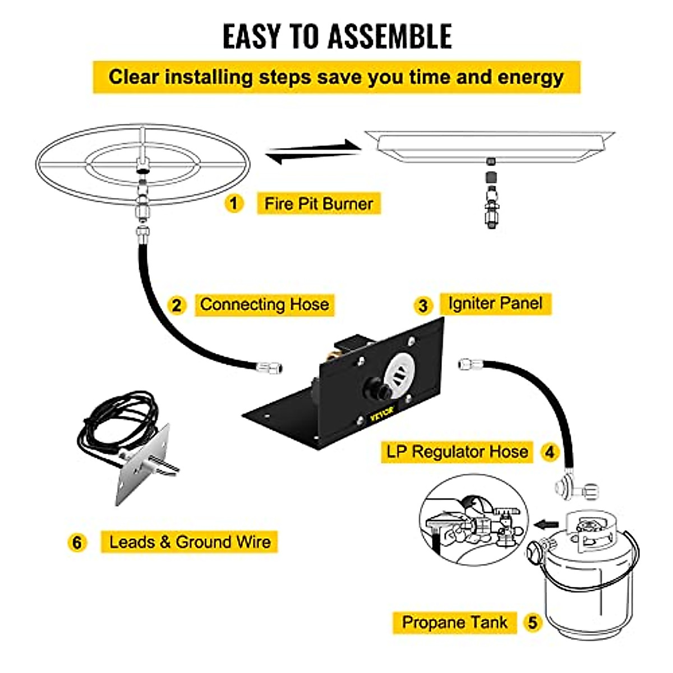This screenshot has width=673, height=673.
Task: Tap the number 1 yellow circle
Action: coord(234,202)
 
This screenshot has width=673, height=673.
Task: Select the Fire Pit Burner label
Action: coord(319,203)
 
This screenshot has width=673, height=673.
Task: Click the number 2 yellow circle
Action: coord(177,305)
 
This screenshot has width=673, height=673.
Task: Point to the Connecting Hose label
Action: coord(264,305)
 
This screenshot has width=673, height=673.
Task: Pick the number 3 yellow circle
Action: coord(423,306)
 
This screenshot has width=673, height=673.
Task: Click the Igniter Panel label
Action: coord(495,303)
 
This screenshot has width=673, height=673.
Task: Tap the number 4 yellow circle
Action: coord(550,452)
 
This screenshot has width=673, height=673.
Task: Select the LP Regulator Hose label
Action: coord(457,451)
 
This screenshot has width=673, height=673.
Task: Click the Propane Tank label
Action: coord(454,622)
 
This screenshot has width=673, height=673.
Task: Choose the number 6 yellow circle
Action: coord(77,542)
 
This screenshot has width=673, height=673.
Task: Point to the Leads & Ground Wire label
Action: coord(190,542)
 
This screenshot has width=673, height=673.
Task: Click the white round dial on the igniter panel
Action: coord(399,371)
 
